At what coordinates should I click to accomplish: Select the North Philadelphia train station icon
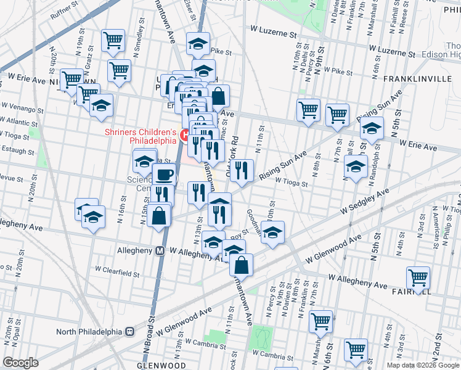coord(130,331)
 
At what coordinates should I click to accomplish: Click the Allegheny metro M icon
coord(160,251)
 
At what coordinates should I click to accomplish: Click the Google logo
coord(20,363)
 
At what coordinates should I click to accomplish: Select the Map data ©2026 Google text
coord(423,365)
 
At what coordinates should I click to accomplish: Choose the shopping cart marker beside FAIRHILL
coord(418,279)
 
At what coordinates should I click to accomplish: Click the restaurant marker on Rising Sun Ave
coord(242,171)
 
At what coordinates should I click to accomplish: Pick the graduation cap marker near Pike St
coord(198,44)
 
